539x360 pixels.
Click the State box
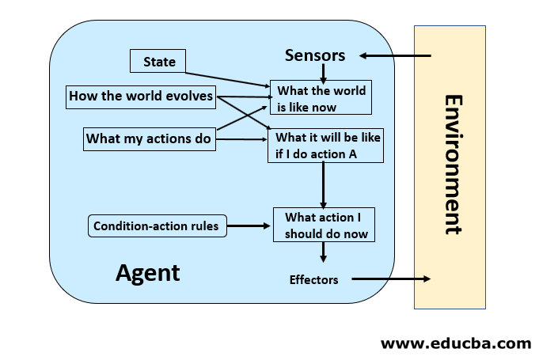click(159, 62)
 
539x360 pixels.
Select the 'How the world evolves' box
click(140, 97)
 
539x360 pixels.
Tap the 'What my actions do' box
click(149, 139)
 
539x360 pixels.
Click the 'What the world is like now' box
click(321, 98)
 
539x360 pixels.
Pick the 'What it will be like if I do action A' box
click(325, 146)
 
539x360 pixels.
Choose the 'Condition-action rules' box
click(155, 226)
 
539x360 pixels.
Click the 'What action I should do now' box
click(323, 225)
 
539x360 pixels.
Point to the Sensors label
click(315, 55)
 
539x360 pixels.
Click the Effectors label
click(313, 279)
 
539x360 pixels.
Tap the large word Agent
click(148, 273)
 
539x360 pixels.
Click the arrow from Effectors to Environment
click(391, 279)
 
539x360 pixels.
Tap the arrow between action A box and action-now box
click(323, 185)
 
